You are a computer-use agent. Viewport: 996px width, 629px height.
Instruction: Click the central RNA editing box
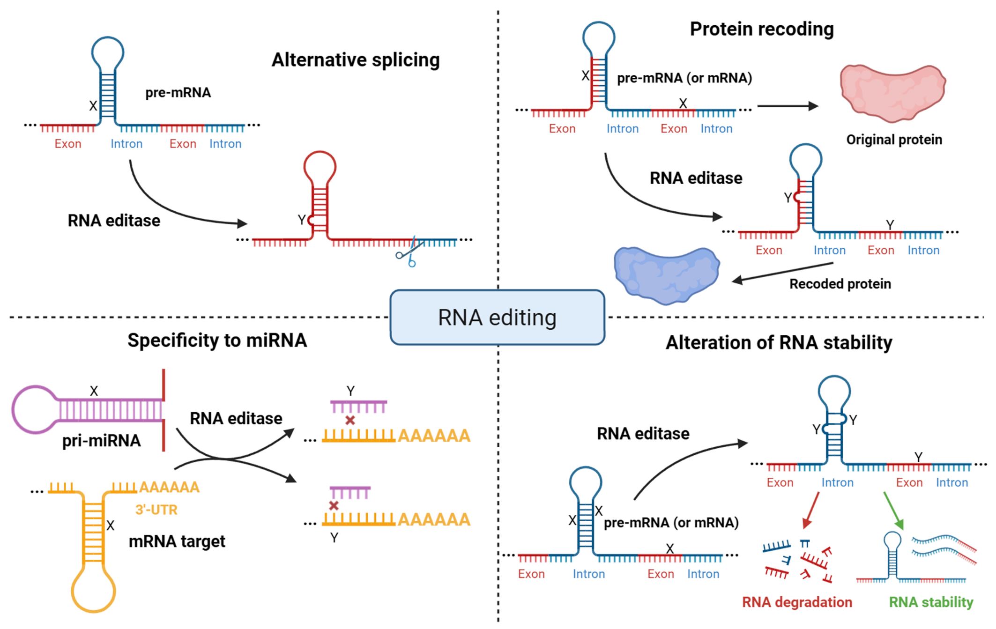(497, 318)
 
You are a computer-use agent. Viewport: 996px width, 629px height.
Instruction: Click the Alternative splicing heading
(356, 60)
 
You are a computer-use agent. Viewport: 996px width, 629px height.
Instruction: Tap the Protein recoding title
(762, 29)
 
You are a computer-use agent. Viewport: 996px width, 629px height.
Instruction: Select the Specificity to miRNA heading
(217, 340)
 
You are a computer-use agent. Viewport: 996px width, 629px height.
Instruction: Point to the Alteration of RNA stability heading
(779, 343)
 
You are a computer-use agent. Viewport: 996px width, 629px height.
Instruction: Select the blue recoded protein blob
(666, 274)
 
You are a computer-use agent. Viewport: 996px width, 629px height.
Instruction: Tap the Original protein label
(894, 140)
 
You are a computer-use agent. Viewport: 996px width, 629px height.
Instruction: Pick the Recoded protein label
(840, 284)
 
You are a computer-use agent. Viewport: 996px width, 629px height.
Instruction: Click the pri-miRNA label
(101, 441)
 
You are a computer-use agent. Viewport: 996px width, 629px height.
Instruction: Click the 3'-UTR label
(156, 510)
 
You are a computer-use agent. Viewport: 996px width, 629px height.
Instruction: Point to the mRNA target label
(177, 541)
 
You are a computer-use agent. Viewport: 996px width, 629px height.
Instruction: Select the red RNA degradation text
(797, 602)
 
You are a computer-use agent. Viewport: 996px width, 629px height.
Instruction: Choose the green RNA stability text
(931, 602)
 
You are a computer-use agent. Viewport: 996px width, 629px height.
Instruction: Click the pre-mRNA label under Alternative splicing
(178, 93)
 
